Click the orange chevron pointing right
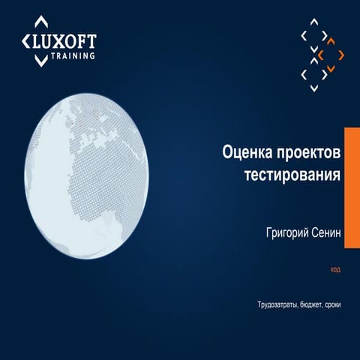click(x=341, y=55)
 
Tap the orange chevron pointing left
click(x=320, y=55)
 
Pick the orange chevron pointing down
click(x=331, y=68)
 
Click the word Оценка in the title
click(x=250, y=152)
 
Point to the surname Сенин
click(x=324, y=233)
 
